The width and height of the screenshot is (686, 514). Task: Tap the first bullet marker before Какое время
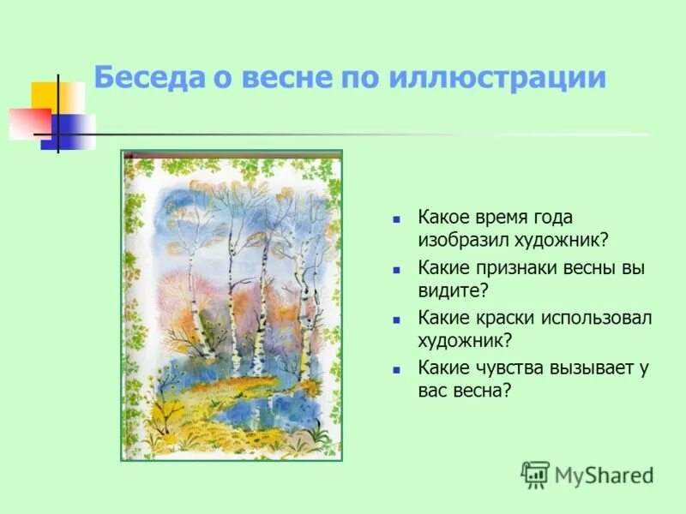[x=396, y=219]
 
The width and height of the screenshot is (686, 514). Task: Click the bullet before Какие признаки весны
[x=396, y=269]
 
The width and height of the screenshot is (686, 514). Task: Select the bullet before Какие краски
[x=396, y=319]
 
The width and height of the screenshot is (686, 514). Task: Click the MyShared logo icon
[x=536, y=474]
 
